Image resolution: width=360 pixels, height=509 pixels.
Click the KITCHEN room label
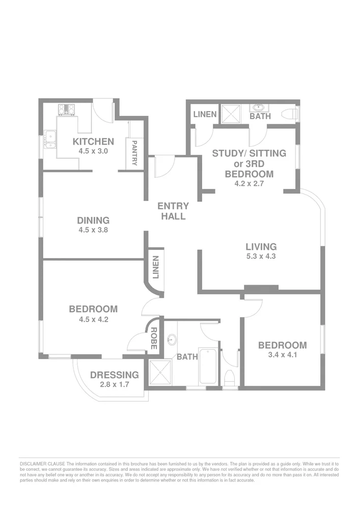pyautogui.click(x=93, y=142)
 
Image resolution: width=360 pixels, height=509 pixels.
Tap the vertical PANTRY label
pyautogui.click(x=135, y=153)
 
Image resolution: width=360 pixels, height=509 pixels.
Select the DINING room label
pyautogui.click(x=93, y=220)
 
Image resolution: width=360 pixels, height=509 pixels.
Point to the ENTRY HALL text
pyautogui.click(x=173, y=211)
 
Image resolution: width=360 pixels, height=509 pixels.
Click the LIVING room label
pyautogui.click(x=261, y=247)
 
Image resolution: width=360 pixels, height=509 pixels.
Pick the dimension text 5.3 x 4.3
pyautogui.click(x=261, y=257)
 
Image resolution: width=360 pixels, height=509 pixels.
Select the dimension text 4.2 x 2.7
pyautogui.click(x=249, y=184)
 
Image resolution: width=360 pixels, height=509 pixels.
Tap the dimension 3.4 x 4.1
pyautogui.click(x=282, y=355)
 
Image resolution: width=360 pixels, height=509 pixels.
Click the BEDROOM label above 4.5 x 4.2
pyautogui.click(x=93, y=309)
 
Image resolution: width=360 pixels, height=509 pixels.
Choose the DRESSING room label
pyautogui.click(x=114, y=375)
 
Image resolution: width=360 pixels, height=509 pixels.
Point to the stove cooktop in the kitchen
pyautogui.click(x=67, y=108)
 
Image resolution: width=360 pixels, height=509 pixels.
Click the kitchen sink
pyautogui.click(x=50, y=137)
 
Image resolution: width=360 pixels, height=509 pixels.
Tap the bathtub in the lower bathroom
pyautogui.click(x=208, y=366)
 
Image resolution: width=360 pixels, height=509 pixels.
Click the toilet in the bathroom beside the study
pyautogui.click(x=291, y=113)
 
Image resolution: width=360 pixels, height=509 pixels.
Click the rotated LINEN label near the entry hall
pyautogui.click(x=156, y=268)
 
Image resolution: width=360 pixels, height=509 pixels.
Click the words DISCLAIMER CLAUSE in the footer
pyautogui.click(x=42, y=464)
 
